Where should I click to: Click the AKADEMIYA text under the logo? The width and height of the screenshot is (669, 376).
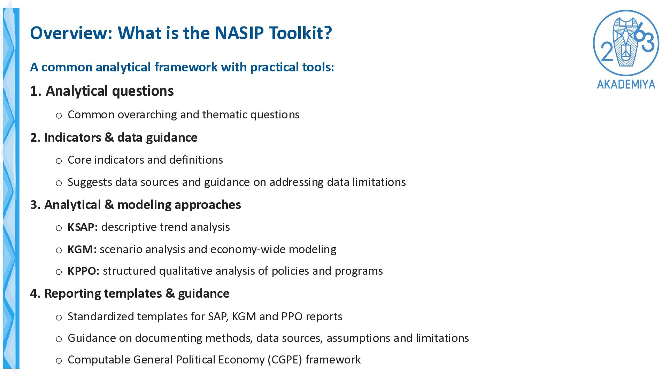pos(626,84)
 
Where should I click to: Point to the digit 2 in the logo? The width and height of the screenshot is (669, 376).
pos(607,53)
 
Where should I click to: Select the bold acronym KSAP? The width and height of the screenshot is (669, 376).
pos(83,227)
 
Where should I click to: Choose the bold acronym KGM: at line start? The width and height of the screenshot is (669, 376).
pos(82,249)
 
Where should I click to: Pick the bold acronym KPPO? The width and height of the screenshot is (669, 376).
pos(84,271)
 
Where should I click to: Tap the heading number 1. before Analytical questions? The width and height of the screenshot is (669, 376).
pos(36,91)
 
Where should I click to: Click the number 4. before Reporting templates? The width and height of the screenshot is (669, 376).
pos(36,293)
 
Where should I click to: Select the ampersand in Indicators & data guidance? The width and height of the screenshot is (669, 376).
pos(109,138)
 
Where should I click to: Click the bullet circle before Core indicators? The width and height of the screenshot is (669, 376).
pos(59,161)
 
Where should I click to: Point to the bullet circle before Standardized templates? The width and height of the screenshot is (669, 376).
pos(59,318)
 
